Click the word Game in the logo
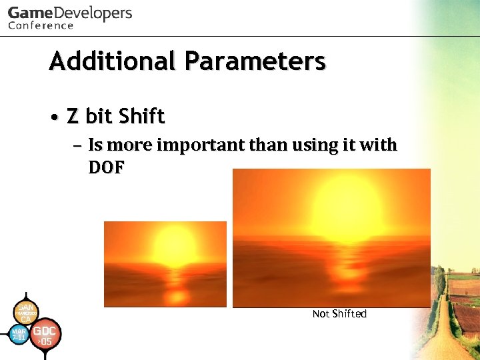[29, 13]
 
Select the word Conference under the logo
[41, 26]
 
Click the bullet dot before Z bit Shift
[55, 117]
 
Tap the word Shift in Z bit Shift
[141, 117]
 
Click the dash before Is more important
[77, 146]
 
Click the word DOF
[106, 167]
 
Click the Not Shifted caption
[339, 314]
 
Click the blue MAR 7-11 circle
[19, 334]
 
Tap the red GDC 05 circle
[45, 335]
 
